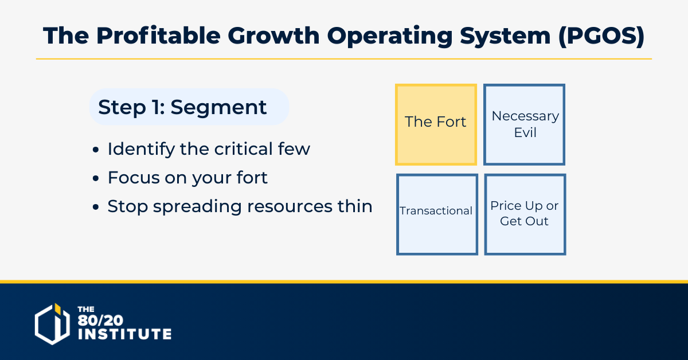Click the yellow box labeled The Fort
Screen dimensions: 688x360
tap(436, 125)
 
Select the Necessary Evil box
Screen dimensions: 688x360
tap(524, 125)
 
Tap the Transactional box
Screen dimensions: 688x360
tap(437, 214)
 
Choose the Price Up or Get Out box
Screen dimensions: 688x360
tap(525, 214)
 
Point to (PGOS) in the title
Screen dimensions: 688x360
tap(601, 36)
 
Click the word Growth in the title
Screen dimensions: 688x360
tap(273, 36)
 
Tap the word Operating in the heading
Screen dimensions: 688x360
tap(390, 37)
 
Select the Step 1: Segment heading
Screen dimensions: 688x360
tap(182, 107)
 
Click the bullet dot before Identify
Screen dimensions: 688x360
tap(96, 150)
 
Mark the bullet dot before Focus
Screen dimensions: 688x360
tap(96, 178)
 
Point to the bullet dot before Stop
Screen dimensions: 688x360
tap(96, 207)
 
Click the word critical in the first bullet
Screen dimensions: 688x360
tap(243, 149)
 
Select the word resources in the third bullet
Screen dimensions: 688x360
tap(290, 206)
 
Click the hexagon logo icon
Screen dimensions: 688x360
tap(52, 324)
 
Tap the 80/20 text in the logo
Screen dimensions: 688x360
tap(100, 320)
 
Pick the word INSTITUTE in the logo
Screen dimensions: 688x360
tap(124, 334)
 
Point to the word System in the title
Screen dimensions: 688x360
tap(505, 37)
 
